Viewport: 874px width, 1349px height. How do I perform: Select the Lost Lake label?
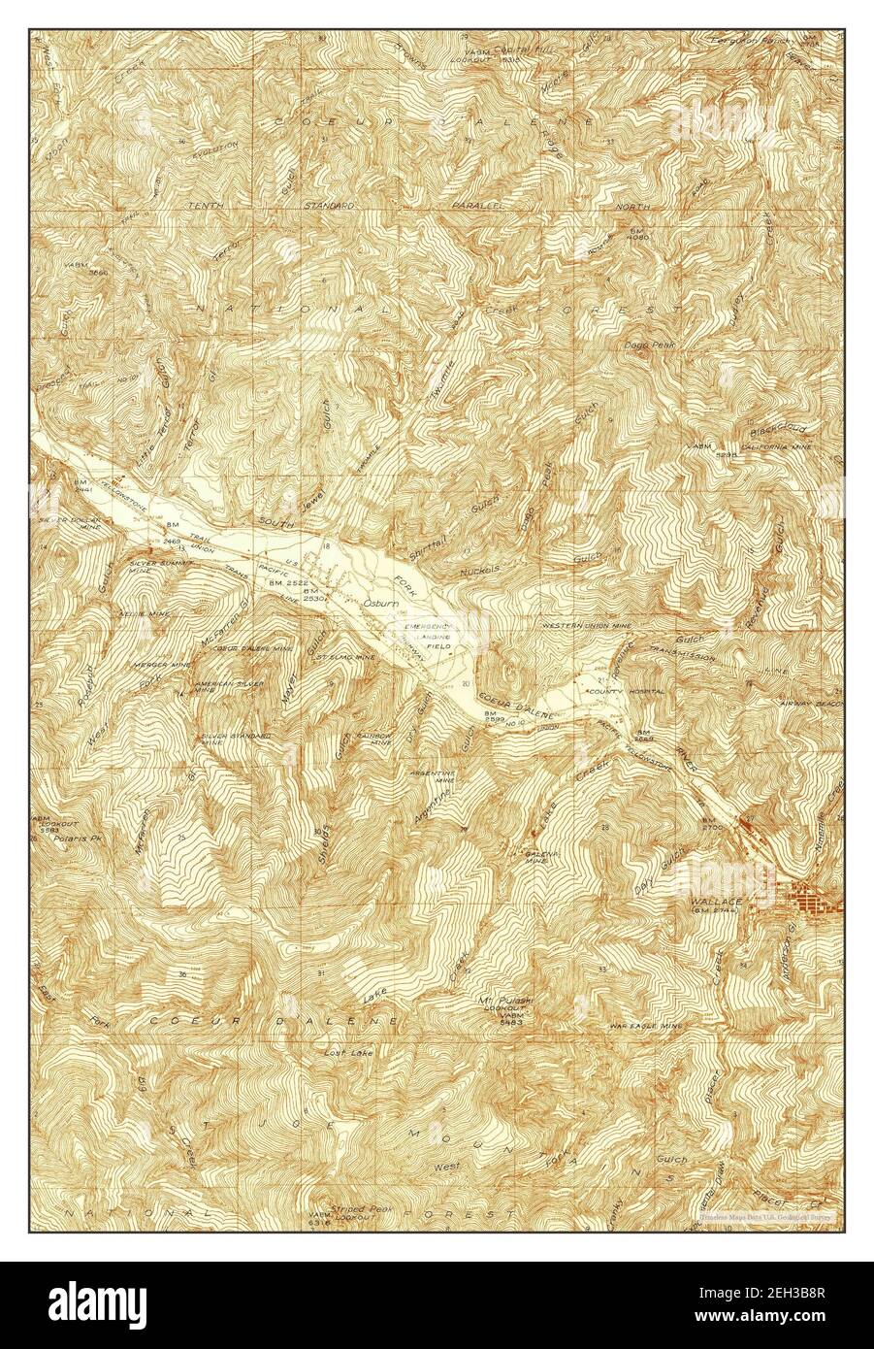345,1051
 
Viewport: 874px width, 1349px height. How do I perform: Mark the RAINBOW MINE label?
372,739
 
